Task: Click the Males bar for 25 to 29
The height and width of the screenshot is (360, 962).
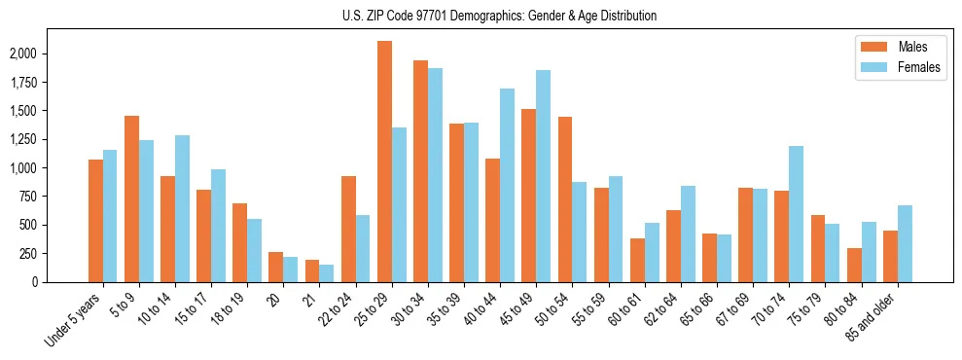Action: click(x=384, y=162)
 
